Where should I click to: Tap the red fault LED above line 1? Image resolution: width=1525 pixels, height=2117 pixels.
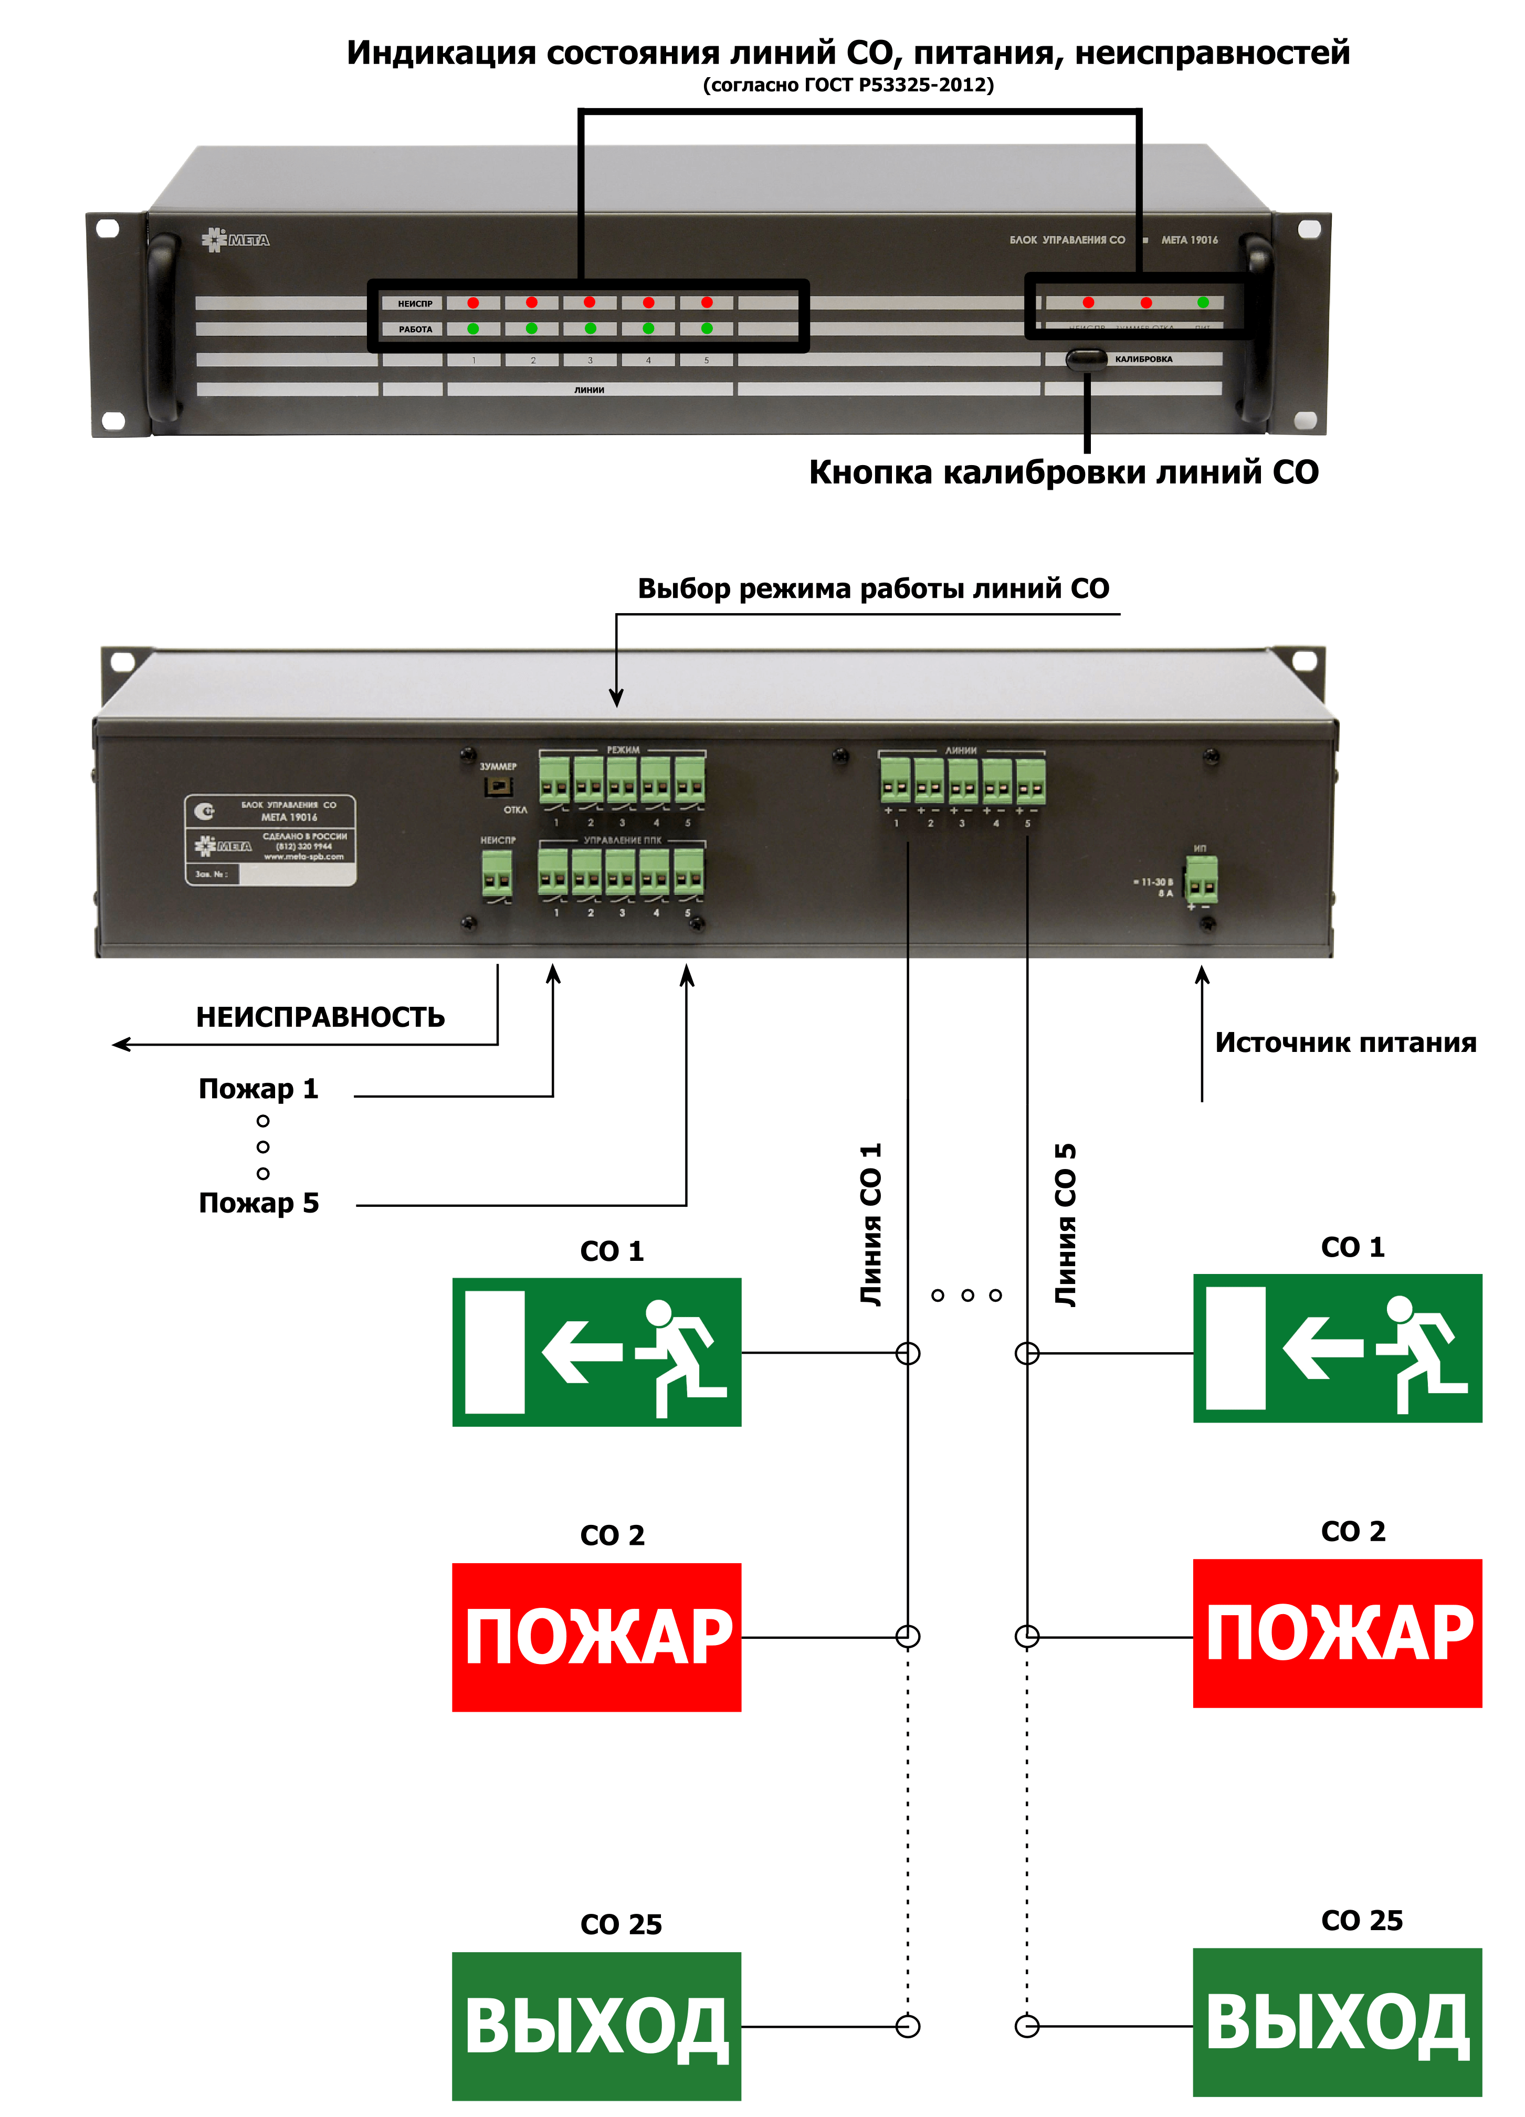pyautogui.click(x=473, y=302)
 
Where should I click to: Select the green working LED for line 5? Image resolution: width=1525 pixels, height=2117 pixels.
pyautogui.click(x=707, y=329)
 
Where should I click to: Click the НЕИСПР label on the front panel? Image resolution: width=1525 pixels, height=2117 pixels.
pyautogui.click(x=415, y=303)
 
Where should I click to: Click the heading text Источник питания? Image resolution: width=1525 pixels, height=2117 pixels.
pyautogui.click(x=1345, y=1042)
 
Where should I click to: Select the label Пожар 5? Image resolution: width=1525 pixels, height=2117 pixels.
pyautogui.click(x=258, y=1203)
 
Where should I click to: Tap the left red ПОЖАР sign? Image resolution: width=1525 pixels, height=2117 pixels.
pyautogui.click(x=596, y=1637)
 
